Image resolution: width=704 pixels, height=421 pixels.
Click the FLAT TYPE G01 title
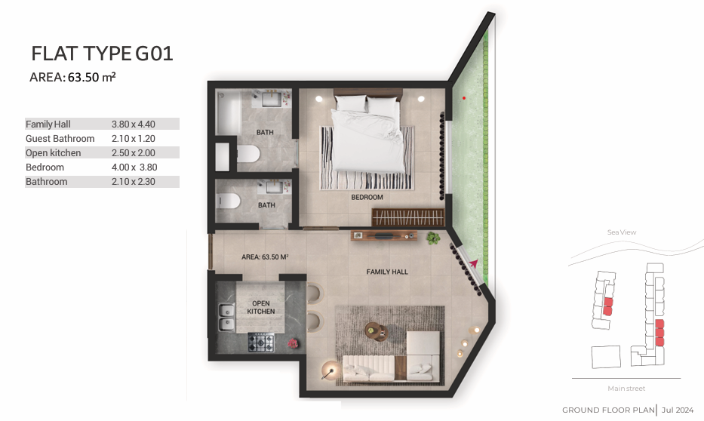point(102,54)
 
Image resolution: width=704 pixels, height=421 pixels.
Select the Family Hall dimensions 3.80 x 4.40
point(134,124)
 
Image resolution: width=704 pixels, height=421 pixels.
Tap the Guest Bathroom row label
point(60,138)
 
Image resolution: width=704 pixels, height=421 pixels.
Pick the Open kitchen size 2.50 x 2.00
point(134,152)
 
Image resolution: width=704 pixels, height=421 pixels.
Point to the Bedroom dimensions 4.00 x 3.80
point(134,167)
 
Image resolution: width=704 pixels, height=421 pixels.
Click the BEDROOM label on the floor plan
point(367,197)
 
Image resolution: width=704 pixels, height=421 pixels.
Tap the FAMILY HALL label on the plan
point(387,272)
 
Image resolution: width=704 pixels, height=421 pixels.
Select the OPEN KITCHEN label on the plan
point(261,307)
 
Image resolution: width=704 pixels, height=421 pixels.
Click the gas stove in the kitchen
point(261,343)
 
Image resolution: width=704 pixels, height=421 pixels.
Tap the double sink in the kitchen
point(226,317)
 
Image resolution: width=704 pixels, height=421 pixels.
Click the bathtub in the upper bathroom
point(228,112)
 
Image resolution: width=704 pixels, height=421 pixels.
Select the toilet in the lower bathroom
point(228,200)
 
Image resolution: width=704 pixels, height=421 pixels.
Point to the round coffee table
point(374,330)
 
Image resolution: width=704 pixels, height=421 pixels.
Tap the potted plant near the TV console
point(433,238)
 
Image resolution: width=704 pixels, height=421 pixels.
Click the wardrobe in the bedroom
point(407,217)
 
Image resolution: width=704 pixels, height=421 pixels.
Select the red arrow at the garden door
point(473,263)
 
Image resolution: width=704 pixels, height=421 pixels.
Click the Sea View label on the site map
point(622,232)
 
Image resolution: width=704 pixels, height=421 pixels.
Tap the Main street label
point(626,389)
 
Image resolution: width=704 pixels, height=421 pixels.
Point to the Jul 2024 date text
point(678,410)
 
